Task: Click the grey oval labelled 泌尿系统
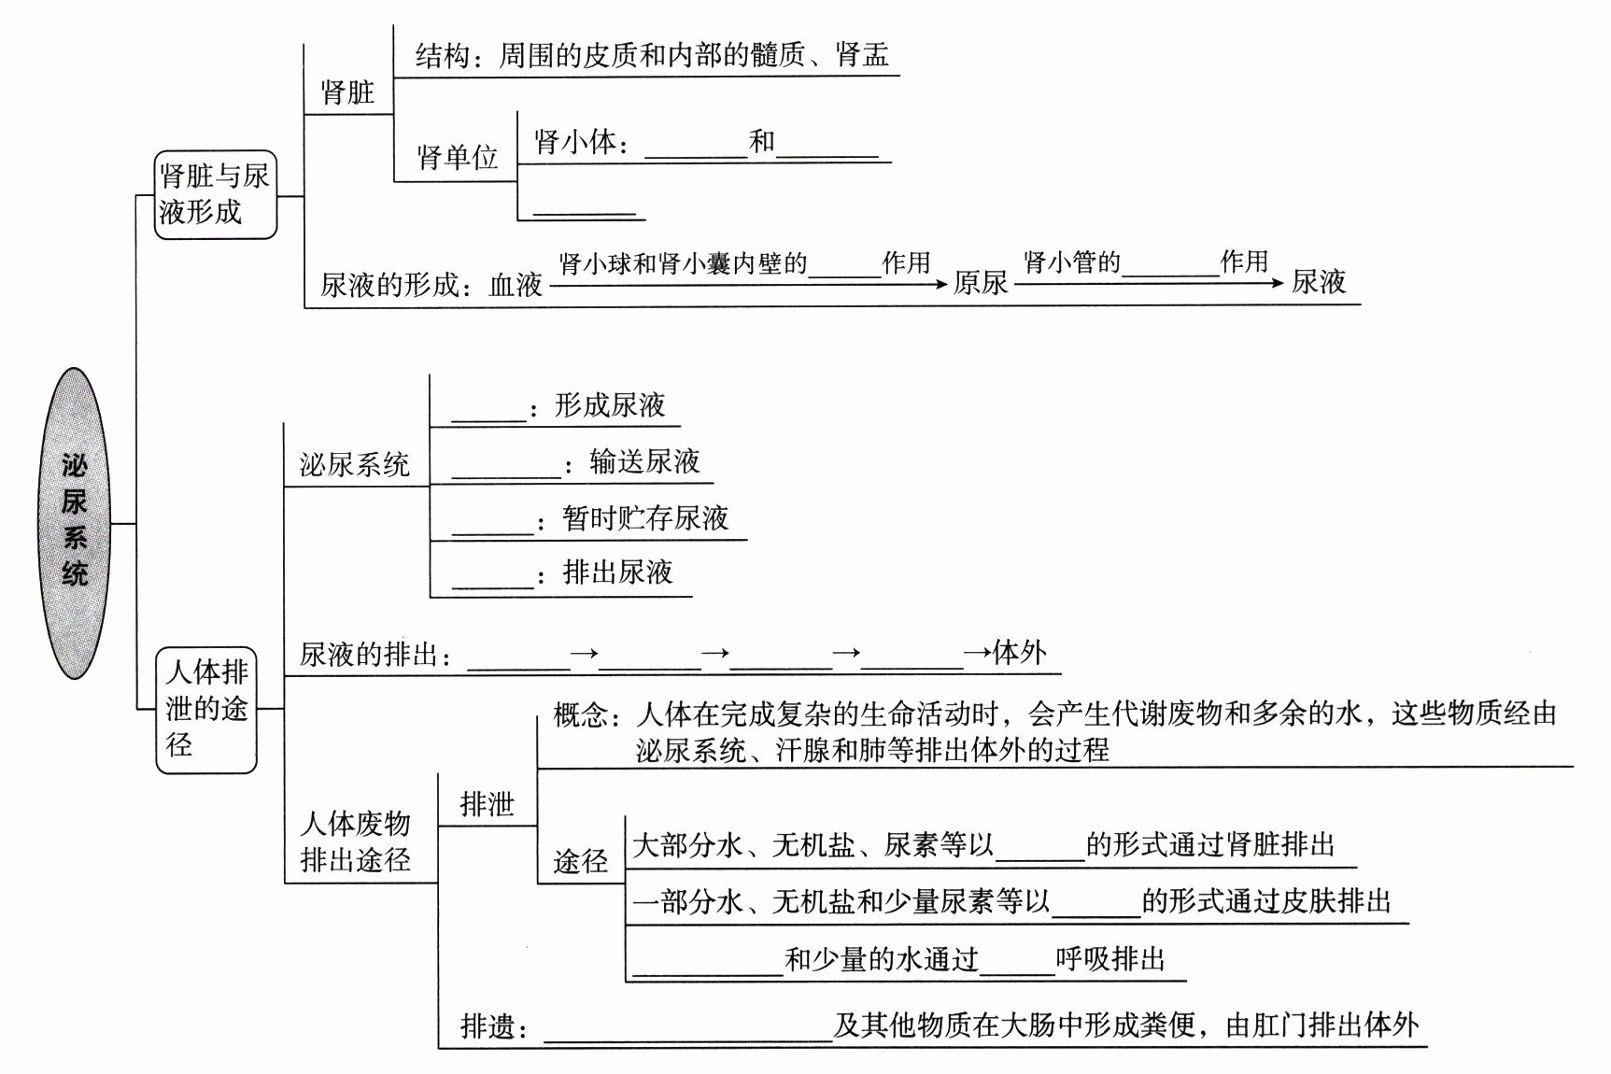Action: coord(75,522)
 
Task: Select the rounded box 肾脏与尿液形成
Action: coord(215,193)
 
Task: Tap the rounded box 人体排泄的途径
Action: coord(206,709)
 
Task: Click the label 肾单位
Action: coord(457,157)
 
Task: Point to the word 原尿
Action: coord(981,282)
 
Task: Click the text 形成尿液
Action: coord(610,405)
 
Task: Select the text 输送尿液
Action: coord(644,461)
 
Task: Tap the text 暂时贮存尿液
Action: coord(645,518)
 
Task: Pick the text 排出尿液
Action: coord(617,572)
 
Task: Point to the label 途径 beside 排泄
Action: coord(580,860)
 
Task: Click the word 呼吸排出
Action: coord(1110,959)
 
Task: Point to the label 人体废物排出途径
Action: coord(355,841)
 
